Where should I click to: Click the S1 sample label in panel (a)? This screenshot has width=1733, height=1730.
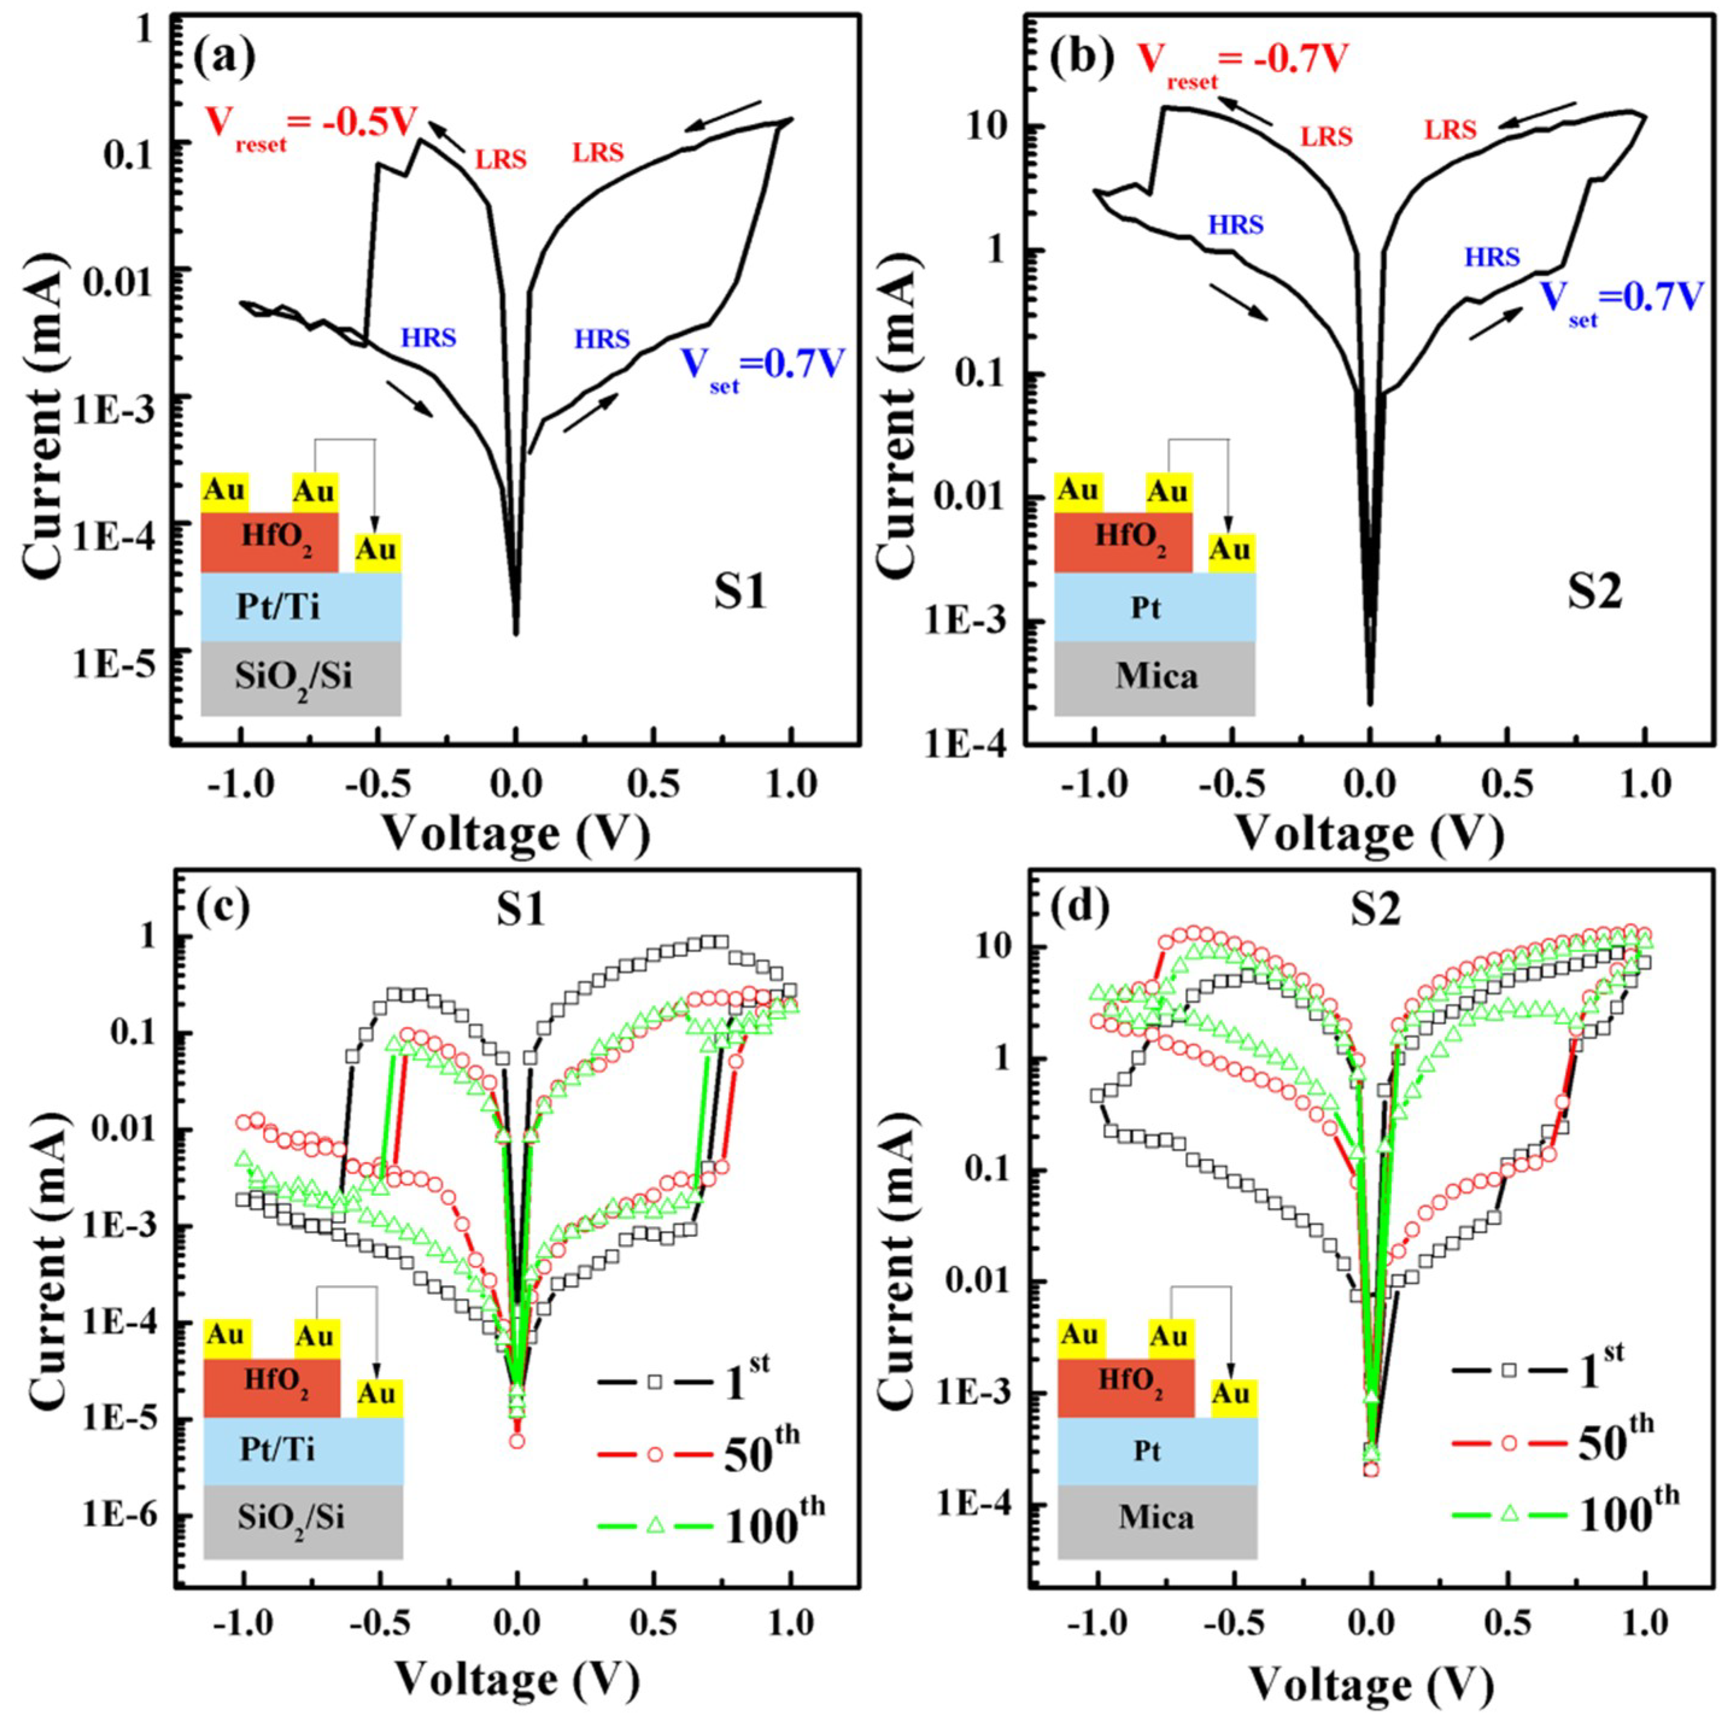pos(740,594)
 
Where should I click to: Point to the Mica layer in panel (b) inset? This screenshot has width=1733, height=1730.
pos(1156,676)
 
